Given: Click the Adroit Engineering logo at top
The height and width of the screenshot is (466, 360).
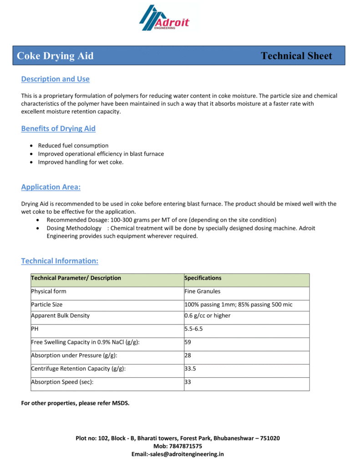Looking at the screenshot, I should tap(164, 18).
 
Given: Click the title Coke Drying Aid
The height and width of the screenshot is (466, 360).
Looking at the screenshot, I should tap(55, 56).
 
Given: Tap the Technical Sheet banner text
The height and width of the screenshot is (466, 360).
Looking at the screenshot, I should tap(296, 56).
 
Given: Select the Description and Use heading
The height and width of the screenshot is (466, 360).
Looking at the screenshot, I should tap(55, 79).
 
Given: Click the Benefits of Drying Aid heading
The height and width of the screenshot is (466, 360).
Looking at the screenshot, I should tap(58, 129).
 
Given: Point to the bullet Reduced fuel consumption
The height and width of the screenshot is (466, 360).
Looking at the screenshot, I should tap(73, 146).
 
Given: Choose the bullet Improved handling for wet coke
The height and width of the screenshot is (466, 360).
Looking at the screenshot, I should tap(81, 162).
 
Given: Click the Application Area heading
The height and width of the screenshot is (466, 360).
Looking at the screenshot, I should tap(51, 187).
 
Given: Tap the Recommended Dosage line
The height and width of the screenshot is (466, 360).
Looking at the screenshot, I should tap(161, 220).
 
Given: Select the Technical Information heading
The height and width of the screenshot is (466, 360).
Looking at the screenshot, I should tap(60, 261).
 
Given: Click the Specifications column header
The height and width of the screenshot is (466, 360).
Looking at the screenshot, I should tap(203, 278).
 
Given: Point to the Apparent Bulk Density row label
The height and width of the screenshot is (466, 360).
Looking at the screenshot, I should tap(60, 316).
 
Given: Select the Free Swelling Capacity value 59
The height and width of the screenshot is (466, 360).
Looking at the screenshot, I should tap(188, 342).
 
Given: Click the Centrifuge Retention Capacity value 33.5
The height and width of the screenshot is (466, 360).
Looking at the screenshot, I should tap(190, 369).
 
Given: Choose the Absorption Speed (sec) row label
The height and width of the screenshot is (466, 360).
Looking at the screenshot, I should tap(62, 382).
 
